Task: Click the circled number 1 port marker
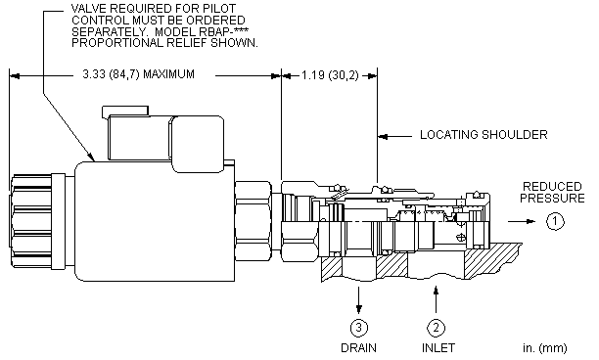click(x=555, y=221)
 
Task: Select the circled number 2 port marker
click(x=436, y=327)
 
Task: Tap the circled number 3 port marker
click(x=358, y=327)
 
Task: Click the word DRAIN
click(x=358, y=348)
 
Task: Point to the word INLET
click(x=438, y=348)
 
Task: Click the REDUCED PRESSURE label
click(x=552, y=192)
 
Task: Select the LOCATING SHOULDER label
click(x=484, y=135)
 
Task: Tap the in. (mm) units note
click(x=545, y=348)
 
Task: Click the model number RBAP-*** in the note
click(x=223, y=31)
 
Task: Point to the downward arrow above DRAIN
click(x=358, y=300)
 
